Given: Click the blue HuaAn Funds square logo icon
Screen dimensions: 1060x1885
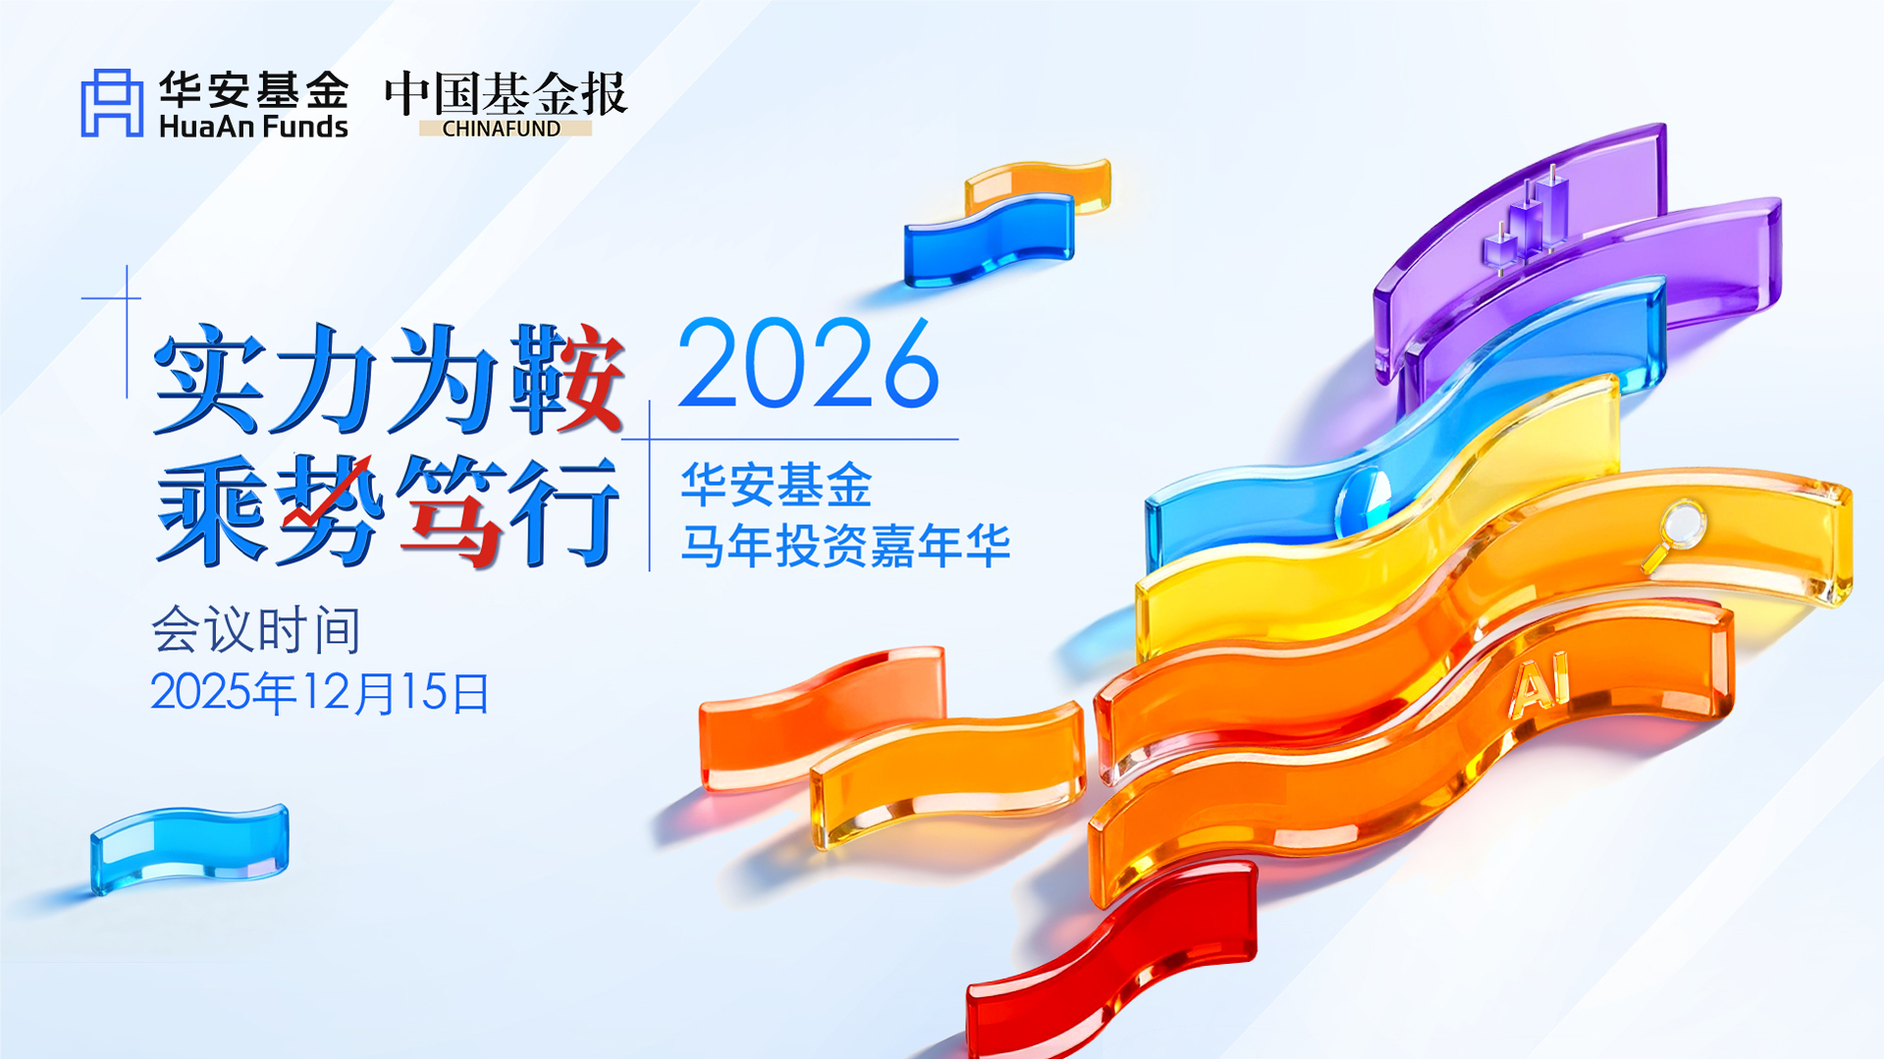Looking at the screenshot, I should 112,102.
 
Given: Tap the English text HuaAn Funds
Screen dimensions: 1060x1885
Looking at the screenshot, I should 253,127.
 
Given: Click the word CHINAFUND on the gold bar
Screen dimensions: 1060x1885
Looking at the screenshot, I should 502,129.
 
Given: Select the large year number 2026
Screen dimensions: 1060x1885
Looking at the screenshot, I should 808,364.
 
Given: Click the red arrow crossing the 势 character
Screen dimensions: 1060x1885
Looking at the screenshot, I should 329,491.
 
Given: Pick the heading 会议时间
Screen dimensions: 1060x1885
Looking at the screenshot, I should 256,630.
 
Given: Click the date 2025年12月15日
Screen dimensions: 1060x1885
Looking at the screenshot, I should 320,693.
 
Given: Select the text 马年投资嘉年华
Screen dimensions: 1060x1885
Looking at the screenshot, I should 845,547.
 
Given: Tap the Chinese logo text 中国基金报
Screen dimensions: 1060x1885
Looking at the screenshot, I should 506,94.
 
